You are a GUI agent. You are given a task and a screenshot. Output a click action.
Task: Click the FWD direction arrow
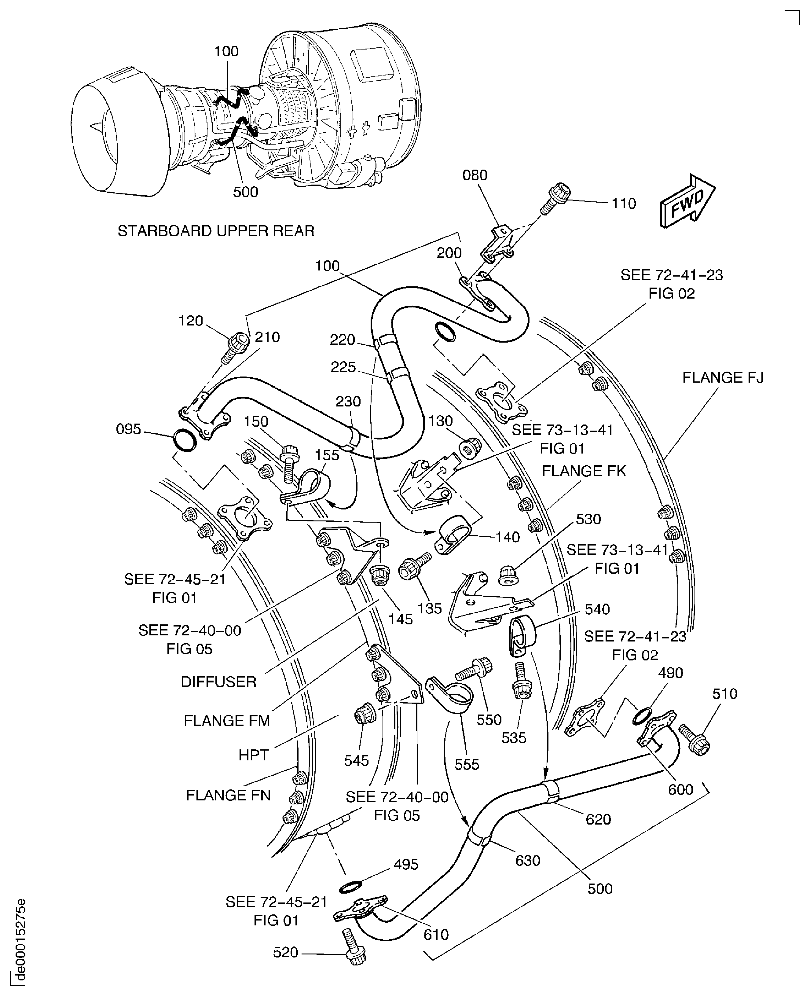click(x=687, y=202)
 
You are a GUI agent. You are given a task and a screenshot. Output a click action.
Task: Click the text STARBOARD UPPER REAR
click(x=216, y=231)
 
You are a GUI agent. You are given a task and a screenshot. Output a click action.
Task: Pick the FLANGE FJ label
click(x=723, y=377)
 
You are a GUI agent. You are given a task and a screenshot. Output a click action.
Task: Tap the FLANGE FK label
click(x=583, y=471)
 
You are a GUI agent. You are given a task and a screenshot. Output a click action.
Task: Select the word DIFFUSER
click(x=218, y=682)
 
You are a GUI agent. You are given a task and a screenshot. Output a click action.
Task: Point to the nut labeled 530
click(x=507, y=575)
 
